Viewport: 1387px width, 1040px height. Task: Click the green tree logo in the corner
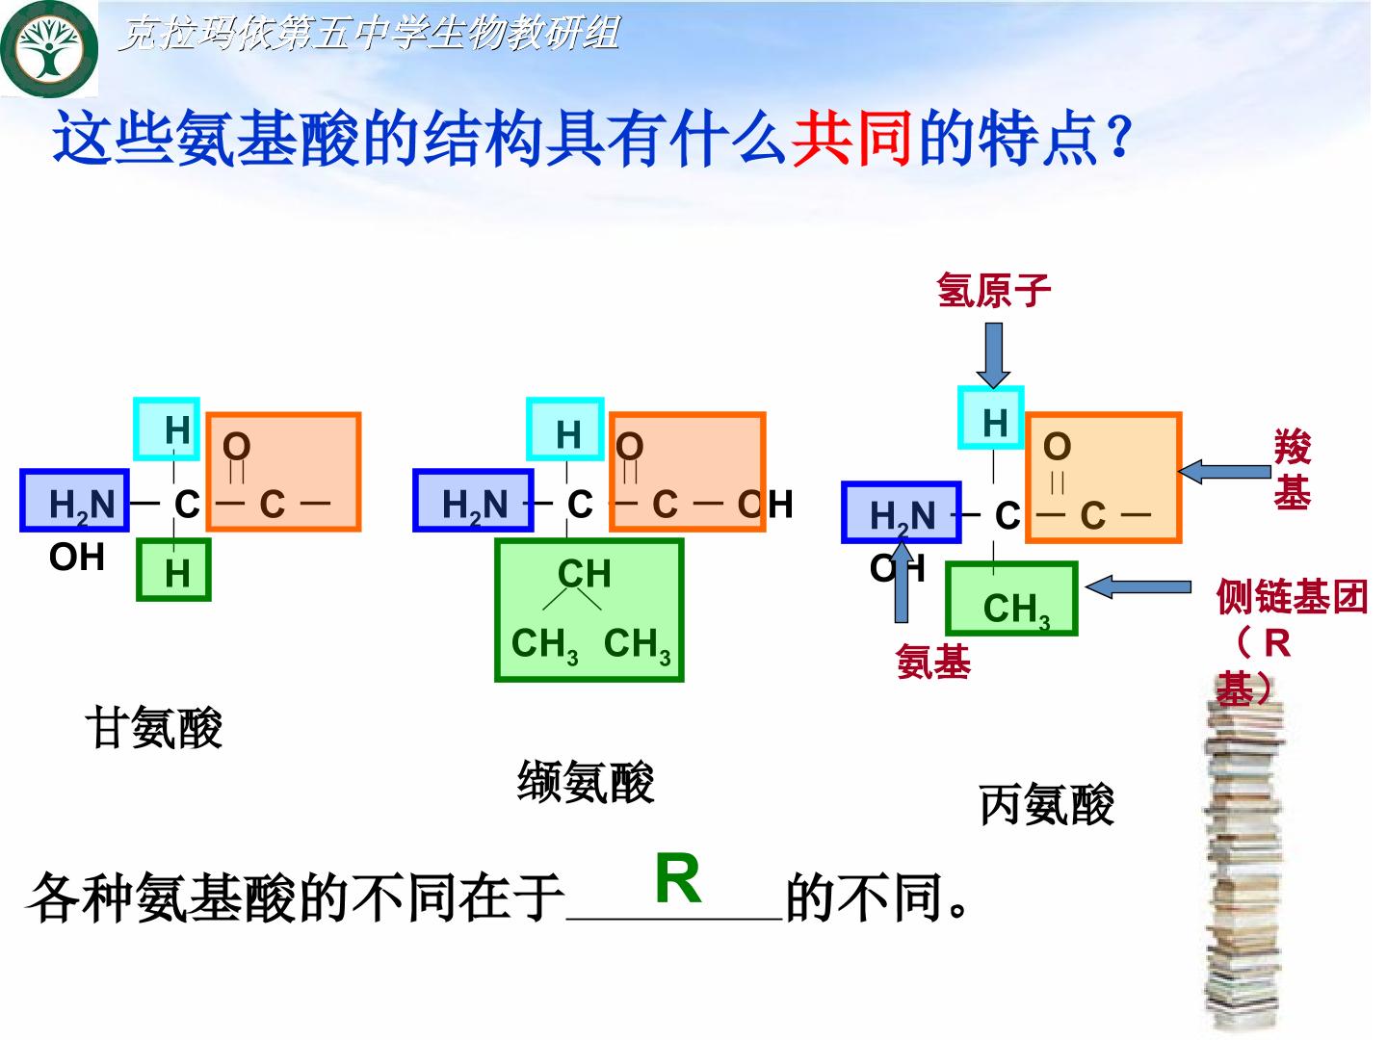49,48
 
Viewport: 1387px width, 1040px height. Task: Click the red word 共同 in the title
851,138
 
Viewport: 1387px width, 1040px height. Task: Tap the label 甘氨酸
153,727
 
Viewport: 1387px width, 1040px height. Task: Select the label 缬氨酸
586,782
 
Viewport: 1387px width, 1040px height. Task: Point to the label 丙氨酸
1046,804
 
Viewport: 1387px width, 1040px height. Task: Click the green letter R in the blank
678,879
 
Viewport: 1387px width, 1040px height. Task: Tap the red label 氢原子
993,291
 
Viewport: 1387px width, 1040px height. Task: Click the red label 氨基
933,662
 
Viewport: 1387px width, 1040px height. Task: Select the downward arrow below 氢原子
993,355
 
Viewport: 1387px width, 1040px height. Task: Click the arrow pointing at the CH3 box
1138,587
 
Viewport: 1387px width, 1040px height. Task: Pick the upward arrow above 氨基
902,582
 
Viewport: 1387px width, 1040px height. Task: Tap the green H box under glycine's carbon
173,569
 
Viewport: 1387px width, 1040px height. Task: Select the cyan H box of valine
565,429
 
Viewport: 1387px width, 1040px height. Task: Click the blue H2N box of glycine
74,501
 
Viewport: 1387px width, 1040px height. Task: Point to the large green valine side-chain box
589,611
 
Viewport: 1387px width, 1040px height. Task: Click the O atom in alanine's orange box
1058,447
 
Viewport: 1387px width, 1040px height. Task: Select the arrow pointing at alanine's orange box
1224,472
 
